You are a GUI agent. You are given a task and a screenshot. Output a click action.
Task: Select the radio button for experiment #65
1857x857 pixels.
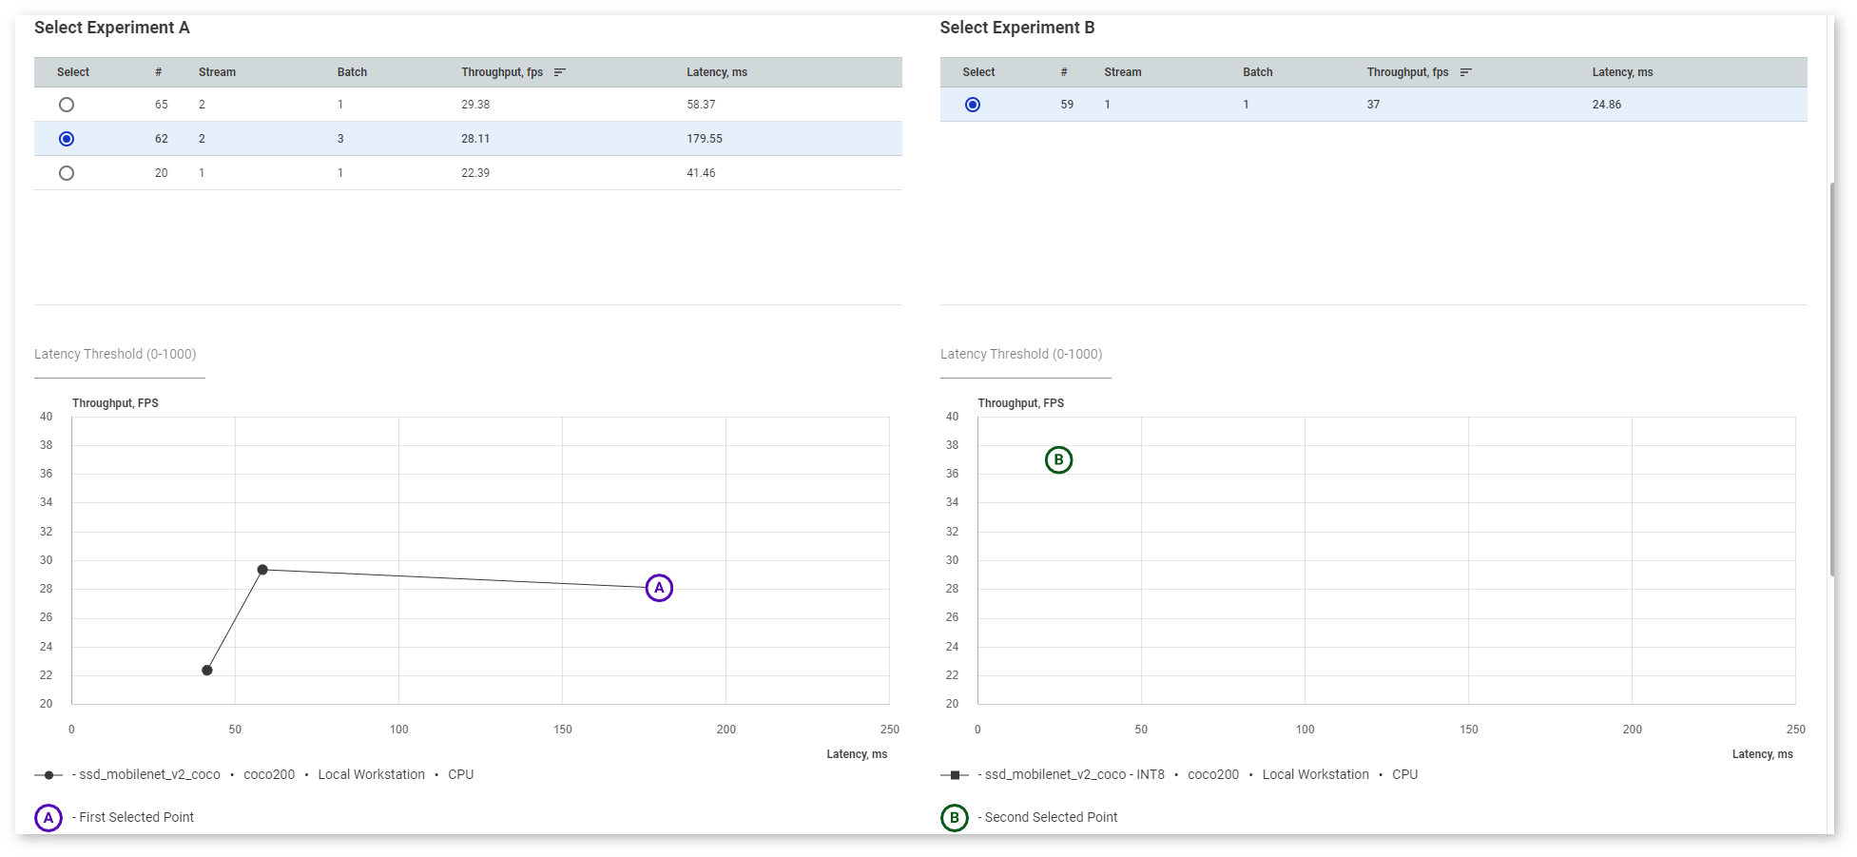(x=66, y=105)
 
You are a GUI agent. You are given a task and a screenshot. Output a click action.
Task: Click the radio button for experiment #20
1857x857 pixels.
(x=66, y=173)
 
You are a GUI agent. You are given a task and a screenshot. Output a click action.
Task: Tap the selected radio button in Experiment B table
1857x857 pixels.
(x=972, y=105)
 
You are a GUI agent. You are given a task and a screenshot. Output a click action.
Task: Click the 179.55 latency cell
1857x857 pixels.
(x=704, y=139)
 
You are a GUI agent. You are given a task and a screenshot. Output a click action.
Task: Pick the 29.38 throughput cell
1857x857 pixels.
(x=475, y=105)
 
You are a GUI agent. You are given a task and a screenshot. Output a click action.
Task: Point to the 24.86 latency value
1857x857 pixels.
(x=1606, y=105)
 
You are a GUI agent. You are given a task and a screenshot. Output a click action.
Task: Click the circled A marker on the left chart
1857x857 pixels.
(x=659, y=588)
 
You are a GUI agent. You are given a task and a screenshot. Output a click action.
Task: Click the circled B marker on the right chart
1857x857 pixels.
(x=1058, y=460)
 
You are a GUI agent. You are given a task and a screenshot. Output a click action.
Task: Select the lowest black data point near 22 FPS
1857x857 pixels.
(x=207, y=671)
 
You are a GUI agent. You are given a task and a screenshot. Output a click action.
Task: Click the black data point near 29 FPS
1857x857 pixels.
(x=262, y=570)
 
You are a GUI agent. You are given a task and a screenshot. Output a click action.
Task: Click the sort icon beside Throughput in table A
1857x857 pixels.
(x=560, y=72)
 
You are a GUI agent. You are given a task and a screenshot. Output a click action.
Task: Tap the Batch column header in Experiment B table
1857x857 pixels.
(x=1257, y=72)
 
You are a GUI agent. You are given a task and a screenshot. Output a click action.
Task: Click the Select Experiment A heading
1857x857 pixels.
(x=112, y=28)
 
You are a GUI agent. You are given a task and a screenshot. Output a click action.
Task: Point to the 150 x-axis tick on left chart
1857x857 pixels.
(x=563, y=730)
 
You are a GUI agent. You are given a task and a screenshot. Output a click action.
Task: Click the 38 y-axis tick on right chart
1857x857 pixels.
(x=952, y=445)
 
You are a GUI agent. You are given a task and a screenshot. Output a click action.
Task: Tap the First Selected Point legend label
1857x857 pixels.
(x=136, y=817)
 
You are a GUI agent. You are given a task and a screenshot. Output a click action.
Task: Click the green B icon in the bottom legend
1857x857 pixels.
(x=954, y=818)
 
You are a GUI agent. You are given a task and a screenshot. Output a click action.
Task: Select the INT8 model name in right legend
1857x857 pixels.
(x=1074, y=775)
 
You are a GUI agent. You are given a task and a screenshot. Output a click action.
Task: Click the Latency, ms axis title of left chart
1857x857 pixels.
(x=857, y=754)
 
